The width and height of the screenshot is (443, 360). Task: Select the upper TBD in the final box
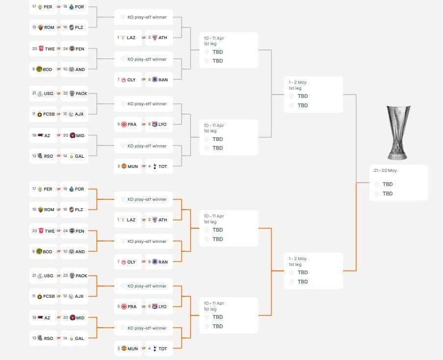coord(387,185)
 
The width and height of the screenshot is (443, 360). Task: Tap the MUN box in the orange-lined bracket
coord(128,348)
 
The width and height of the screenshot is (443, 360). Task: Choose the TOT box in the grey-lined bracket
coord(159,167)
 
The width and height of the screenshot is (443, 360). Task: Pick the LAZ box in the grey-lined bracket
coord(128,37)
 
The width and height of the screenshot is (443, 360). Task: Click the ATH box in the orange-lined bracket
coord(159,220)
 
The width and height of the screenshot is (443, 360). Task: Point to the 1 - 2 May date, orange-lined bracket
coord(298,259)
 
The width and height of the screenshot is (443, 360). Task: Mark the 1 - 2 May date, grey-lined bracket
coord(298,82)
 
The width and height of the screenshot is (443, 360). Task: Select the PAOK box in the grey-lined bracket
coord(74,94)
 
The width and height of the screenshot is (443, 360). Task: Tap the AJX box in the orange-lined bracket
coord(74,296)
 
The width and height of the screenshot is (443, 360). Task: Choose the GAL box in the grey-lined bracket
coord(74,156)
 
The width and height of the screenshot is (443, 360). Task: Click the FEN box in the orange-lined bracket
coord(74,231)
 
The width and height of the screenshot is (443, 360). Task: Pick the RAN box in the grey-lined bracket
coord(159,79)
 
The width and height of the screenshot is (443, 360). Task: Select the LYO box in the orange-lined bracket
coord(159,307)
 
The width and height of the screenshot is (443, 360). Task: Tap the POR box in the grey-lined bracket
coord(74,7)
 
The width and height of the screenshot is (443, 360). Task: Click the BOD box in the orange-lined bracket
coord(44,251)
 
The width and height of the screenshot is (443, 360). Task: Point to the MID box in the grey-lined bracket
coord(74,136)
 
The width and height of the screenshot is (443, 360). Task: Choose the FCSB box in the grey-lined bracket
coord(44,114)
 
